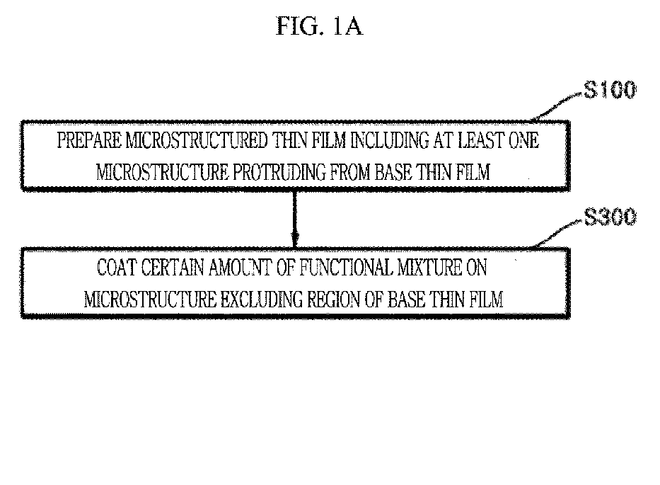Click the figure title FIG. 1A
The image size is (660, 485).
tap(319, 26)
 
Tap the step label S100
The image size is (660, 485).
tap(610, 90)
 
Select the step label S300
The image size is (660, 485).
tap(610, 217)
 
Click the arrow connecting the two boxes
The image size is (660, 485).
tap(295, 219)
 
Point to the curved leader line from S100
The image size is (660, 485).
tap(557, 106)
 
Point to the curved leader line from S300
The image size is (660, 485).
tap(559, 233)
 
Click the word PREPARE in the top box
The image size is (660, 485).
tap(89, 140)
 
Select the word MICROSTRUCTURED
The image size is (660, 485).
tap(197, 140)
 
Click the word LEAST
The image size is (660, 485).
tap(481, 140)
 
